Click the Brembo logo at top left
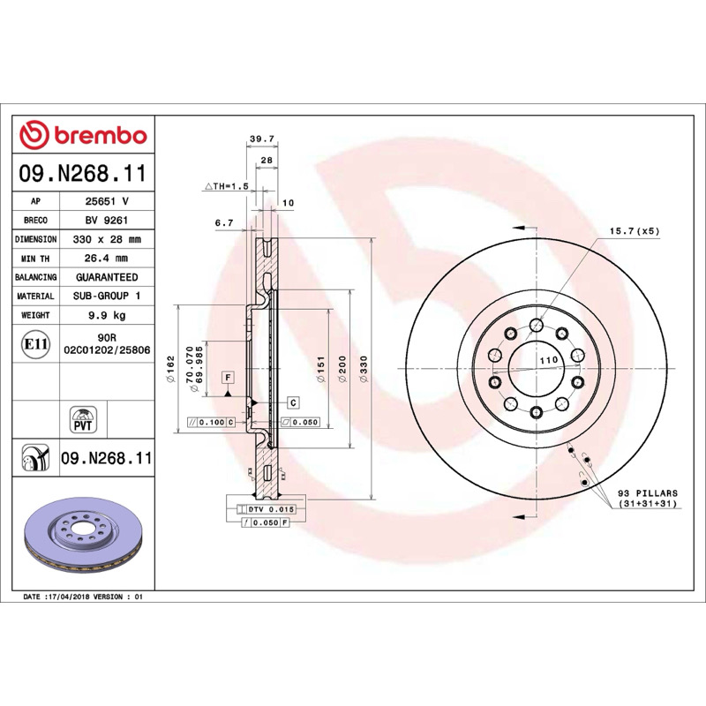(x=83, y=135)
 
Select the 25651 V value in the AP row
(x=107, y=201)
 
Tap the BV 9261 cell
(x=107, y=220)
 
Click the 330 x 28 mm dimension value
(x=107, y=239)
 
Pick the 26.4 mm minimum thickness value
(x=106, y=258)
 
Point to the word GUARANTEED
(x=107, y=277)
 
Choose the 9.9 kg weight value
(x=107, y=315)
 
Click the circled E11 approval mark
(x=35, y=344)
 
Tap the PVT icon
(x=83, y=419)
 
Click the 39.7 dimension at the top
(x=262, y=139)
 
